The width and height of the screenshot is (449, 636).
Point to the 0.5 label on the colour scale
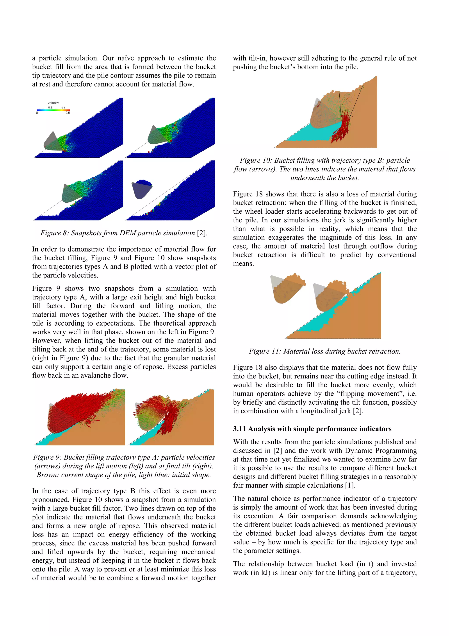point(68,113)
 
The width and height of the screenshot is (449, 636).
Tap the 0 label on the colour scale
point(37,113)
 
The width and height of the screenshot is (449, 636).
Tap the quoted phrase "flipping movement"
point(370,394)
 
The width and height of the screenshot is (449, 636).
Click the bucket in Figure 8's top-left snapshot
point(53,143)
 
